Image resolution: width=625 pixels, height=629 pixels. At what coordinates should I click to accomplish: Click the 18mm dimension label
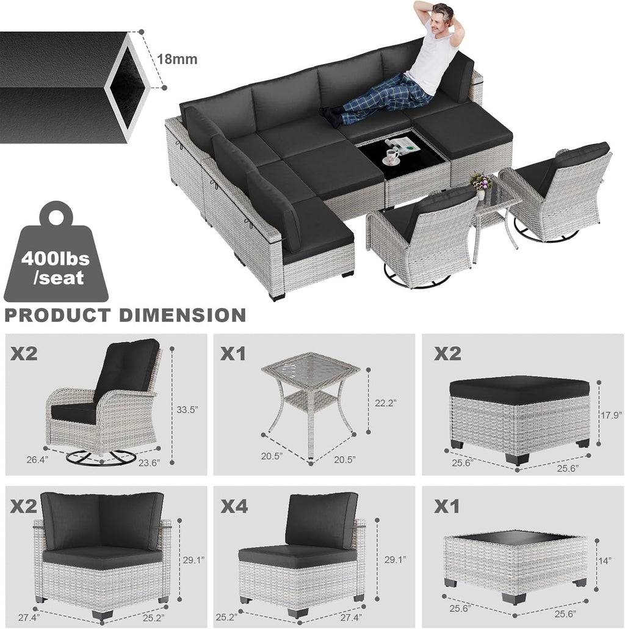pos(177,59)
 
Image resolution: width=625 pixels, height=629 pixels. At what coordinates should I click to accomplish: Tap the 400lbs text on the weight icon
pos(56,258)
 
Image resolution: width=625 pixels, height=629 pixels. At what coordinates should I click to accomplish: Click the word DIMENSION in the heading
pos(183,315)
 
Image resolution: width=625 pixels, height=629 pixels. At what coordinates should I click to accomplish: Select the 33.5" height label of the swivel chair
pos(188,409)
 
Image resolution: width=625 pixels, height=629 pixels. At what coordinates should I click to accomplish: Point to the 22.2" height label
pos(386,403)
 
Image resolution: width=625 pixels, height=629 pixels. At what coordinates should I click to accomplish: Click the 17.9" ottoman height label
pos(612,415)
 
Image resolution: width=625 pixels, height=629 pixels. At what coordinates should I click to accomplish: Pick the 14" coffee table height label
pos(604,561)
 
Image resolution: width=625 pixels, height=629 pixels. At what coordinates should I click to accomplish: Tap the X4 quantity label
pos(234,506)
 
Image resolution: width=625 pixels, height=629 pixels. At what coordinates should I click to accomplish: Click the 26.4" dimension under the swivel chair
pos(37,460)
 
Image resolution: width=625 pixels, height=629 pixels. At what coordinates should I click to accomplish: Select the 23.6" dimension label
pos(150,463)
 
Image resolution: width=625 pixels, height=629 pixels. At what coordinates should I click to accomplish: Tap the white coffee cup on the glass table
pos(391,157)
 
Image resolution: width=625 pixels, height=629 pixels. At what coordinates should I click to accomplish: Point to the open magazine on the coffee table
pos(403,144)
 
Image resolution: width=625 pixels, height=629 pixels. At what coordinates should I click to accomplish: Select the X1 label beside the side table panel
pos(234,354)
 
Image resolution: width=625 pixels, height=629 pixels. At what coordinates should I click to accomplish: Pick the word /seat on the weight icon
pos(59,278)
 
